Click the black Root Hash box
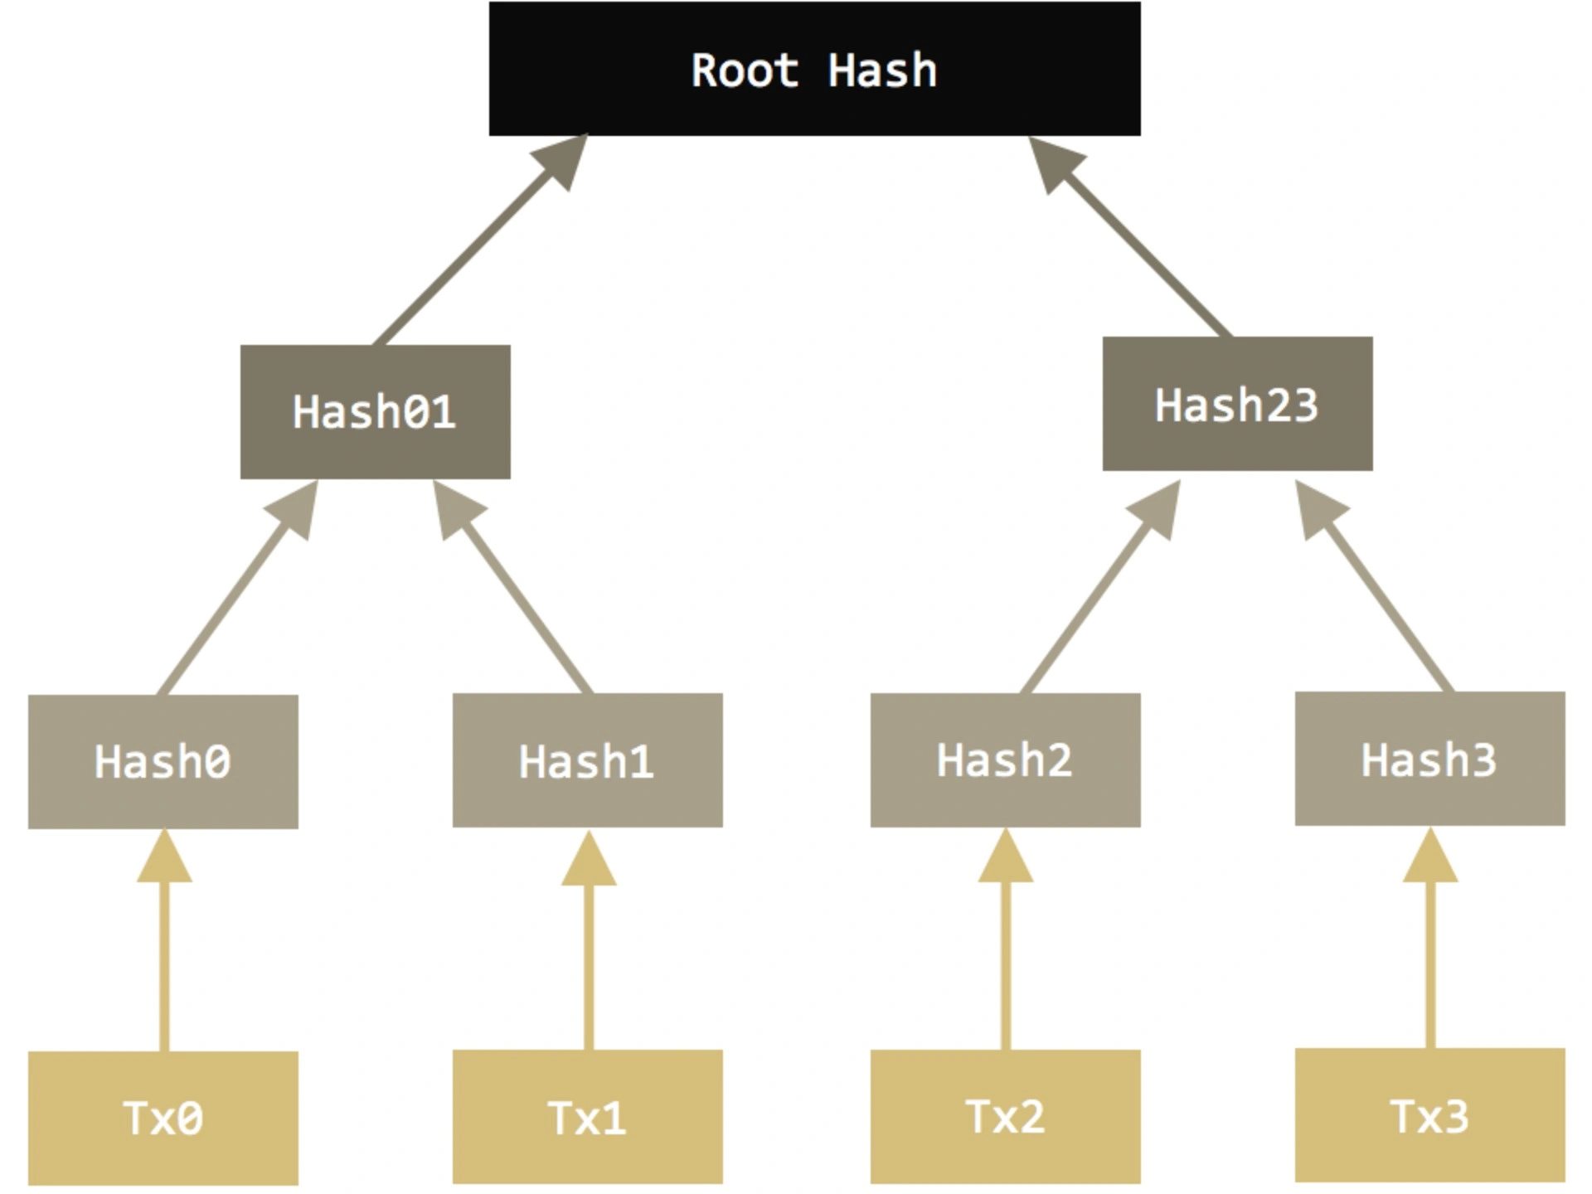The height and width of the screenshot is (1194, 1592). (x=814, y=68)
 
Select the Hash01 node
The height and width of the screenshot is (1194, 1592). (x=375, y=411)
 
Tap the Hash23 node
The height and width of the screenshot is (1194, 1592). (x=1237, y=404)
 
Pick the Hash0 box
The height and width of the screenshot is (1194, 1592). (x=163, y=761)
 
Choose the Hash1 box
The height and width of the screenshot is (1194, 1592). (x=587, y=760)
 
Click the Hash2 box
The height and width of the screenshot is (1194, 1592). (x=1005, y=760)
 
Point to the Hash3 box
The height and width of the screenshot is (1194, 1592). (x=1429, y=759)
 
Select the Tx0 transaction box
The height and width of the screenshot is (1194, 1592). (x=163, y=1118)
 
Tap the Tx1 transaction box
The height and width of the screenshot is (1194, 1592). (x=587, y=1116)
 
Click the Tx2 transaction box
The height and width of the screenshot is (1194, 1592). (x=1005, y=1116)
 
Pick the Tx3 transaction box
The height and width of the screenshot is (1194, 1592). (x=1429, y=1115)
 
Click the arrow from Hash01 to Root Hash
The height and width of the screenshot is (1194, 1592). (x=477, y=245)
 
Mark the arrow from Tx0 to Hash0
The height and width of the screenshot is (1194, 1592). (x=164, y=954)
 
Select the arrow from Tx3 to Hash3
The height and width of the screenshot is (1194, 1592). (x=1430, y=954)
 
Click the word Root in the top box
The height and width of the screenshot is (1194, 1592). (x=745, y=70)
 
